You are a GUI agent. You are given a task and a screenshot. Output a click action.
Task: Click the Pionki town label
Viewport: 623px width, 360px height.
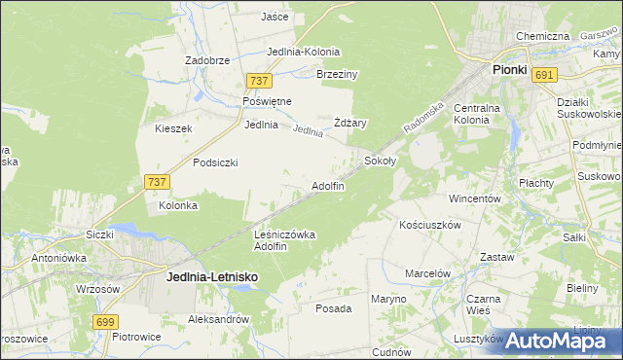click(509, 70)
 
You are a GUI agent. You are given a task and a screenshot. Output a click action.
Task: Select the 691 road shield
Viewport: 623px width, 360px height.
click(545, 75)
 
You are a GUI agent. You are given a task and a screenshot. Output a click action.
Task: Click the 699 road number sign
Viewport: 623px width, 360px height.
click(107, 321)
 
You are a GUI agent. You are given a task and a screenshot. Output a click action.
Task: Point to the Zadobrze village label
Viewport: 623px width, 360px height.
click(207, 59)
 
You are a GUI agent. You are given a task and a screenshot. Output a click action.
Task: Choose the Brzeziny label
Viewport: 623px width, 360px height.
click(338, 74)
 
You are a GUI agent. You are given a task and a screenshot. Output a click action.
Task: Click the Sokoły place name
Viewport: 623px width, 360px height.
click(380, 160)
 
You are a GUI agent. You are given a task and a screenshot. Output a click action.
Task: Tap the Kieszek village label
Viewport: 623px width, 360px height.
click(174, 128)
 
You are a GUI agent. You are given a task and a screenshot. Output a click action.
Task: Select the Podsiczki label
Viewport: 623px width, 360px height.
click(215, 162)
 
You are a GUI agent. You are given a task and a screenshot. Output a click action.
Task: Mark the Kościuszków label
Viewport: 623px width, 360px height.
click(429, 224)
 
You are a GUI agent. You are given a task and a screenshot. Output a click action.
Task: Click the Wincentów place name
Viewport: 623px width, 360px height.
click(474, 198)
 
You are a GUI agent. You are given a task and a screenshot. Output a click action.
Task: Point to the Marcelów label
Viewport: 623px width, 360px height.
click(427, 273)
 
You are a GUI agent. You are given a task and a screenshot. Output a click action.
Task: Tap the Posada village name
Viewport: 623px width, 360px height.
click(333, 308)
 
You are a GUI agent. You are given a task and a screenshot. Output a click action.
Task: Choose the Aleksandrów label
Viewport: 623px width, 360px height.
click(219, 318)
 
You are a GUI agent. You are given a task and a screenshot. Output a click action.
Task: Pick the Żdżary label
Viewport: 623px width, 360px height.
click(349, 123)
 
